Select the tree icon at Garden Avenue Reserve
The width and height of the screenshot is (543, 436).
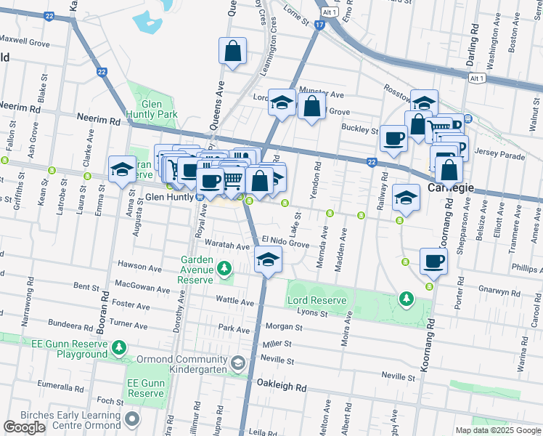pyautogui.click(x=225, y=270)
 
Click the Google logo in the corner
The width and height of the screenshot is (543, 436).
pyautogui.click(x=25, y=427)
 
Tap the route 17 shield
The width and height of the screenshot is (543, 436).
pyautogui.click(x=319, y=25)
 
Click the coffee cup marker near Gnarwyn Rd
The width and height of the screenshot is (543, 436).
pyautogui.click(x=433, y=262)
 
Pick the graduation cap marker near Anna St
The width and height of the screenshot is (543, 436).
pyautogui.click(x=122, y=170)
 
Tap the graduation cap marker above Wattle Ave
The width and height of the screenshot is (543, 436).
pyautogui.click(x=268, y=259)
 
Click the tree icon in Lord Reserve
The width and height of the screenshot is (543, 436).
pyautogui.click(x=407, y=299)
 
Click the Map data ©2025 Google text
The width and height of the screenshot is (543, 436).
pyautogui.click(x=498, y=430)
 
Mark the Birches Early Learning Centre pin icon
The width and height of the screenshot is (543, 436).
pyautogui.click(x=131, y=419)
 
